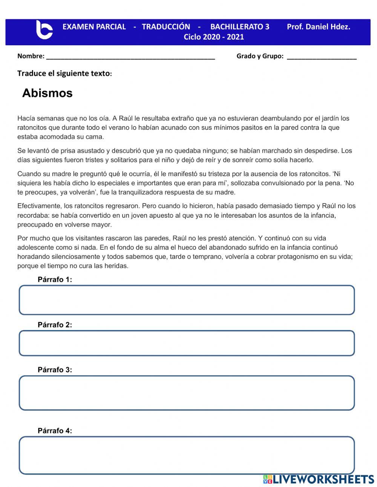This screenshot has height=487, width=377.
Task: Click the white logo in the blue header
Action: [x=44, y=30]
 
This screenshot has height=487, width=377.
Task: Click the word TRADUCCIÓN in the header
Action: [x=166, y=27]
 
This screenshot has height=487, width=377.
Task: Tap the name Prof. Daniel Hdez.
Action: [x=318, y=27]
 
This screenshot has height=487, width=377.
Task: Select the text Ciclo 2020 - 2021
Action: [x=213, y=37]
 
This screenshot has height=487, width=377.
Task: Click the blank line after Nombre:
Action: [x=130, y=57]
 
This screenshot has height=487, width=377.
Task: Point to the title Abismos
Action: [x=47, y=93]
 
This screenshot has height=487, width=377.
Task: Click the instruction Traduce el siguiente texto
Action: [x=64, y=73]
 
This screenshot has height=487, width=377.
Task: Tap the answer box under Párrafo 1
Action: [x=187, y=300]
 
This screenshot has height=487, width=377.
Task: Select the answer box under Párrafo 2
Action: [x=187, y=343]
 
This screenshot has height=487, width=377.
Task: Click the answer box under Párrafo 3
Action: [x=187, y=393]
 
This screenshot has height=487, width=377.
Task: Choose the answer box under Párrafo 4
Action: [x=187, y=455]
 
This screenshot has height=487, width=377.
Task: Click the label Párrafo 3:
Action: [x=55, y=370]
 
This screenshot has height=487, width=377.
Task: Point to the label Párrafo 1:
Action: [x=55, y=280]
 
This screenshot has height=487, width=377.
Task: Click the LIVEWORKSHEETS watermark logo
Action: [x=318, y=479]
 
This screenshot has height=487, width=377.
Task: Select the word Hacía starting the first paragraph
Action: [x=26, y=118]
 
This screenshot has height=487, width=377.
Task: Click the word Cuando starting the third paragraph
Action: [x=28, y=174]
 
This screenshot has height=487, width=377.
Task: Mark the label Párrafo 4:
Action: [x=55, y=430]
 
